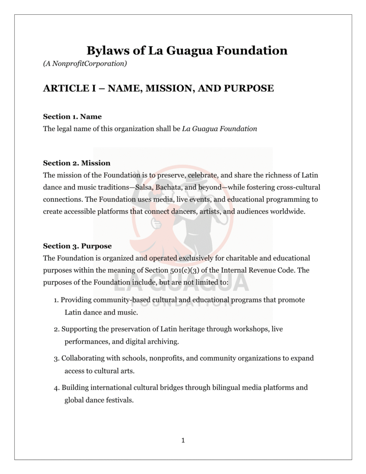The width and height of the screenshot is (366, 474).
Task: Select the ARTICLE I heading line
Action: pos(158,88)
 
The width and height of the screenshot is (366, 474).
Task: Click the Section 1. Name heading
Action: pos(72,117)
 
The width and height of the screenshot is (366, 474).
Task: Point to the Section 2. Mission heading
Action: pos(77,163)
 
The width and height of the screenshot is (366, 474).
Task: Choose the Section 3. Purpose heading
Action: pos(77,246)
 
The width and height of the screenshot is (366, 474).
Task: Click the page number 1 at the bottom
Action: pos(183,440)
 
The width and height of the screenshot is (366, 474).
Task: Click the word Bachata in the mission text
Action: pos(168,187)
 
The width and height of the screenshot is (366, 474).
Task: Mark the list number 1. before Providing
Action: pos(56,300)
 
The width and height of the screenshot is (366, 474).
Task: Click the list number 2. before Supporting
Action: pos(56,329)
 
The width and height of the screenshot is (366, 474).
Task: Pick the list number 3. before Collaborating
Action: pos(56,358)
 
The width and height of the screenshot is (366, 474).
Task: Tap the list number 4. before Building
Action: pos(56,387)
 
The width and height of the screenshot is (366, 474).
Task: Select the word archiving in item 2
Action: pos(164,342)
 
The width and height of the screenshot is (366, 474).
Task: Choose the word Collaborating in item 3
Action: pos(83,358)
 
